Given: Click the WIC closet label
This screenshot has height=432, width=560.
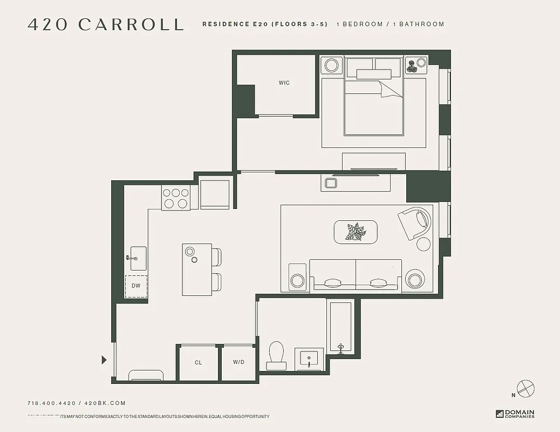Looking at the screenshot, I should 284,83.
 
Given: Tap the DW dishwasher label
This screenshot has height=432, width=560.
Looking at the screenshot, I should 136,286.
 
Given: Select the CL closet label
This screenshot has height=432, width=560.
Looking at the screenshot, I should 198,362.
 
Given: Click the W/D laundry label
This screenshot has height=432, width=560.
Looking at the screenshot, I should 238,362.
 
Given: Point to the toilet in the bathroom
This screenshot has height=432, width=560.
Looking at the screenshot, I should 277,354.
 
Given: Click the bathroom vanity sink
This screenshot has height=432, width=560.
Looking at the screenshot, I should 309,359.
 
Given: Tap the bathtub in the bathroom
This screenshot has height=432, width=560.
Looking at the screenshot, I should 340,327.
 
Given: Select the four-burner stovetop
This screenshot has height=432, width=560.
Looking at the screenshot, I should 176,198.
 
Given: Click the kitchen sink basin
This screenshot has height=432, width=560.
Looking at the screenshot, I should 138,258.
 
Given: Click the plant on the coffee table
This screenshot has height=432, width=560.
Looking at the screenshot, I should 356,232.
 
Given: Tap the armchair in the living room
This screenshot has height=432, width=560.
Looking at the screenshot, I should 416,224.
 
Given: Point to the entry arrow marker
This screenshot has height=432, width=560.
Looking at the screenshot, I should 104,360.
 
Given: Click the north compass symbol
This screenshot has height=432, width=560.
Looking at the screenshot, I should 525,388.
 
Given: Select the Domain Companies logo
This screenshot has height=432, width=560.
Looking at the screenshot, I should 515,414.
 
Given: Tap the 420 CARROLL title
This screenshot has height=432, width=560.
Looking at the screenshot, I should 106,24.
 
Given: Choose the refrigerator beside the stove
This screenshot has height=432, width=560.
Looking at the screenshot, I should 215,194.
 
